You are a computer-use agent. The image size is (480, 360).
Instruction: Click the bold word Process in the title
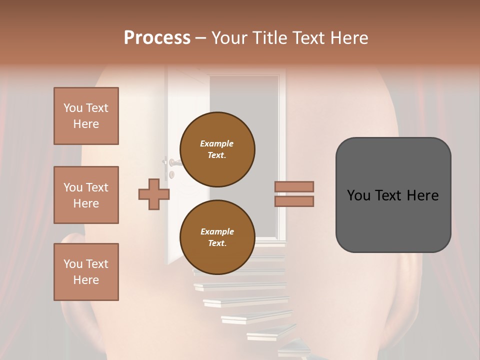coord(157,37)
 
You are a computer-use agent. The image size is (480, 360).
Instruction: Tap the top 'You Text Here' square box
coord(86,116)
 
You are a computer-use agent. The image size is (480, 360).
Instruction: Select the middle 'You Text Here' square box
coord(86,195)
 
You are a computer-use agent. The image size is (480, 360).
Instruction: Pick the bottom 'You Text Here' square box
coord(86,272)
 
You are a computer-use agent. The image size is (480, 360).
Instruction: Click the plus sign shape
coord(153,194)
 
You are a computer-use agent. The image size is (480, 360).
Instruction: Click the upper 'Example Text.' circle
coord(217,149)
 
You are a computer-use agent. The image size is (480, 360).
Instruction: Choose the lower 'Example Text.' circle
coord(217,237)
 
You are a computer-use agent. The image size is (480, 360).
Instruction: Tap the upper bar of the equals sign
coord(294,186)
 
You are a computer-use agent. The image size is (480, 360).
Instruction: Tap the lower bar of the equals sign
coord(294,201)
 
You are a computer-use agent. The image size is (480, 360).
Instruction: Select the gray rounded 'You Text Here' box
coord(393,195)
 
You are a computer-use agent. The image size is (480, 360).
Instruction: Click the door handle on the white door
coord(173,162)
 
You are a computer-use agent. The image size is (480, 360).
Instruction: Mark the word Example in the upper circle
coord(217,143)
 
